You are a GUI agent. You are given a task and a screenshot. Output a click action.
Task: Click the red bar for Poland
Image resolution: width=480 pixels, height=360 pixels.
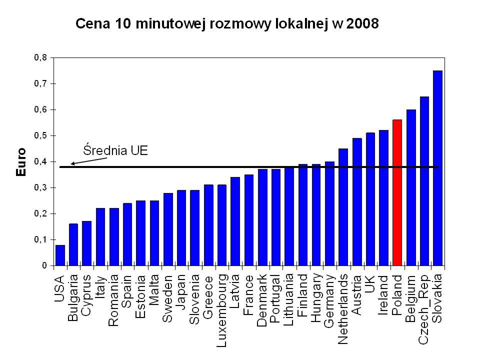pyautogui.click(x=397, y=192)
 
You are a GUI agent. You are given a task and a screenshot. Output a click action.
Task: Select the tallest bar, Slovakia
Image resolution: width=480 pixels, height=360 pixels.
pyautogui.click(x=438, y=168)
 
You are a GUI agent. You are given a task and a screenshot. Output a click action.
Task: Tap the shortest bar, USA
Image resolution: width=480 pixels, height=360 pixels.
pyautogui.click(x=60, y=255)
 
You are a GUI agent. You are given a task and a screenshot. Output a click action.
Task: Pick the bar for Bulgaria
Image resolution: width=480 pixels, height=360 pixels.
pyautogui.click(x=73, y=244)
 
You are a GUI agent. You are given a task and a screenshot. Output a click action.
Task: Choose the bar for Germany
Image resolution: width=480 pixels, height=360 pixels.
pyautogui.click(x=330, y=213)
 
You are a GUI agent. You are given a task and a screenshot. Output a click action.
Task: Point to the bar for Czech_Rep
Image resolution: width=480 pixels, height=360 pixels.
pyautogui.click(x=424, y=181)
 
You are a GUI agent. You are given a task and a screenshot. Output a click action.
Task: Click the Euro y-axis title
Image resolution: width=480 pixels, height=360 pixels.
pyautogui.click(x=21, y=162)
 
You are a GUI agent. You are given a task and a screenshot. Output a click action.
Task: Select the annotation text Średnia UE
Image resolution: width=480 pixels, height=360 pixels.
pyautogui.click(x=115, y=150)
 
